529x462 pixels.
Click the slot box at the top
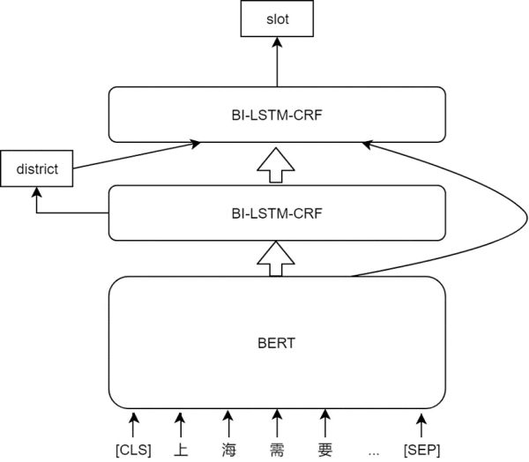[277, 19]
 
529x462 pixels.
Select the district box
[37, 168]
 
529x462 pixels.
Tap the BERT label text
[277, 343]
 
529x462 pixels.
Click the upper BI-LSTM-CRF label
[277, 115]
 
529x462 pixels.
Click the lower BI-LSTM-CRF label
[277, 213]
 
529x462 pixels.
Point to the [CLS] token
[134, 450]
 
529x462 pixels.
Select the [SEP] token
[422, 450]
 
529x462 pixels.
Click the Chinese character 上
[181, 451]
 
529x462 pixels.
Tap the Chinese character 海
[229, 451]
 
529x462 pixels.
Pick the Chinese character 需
[277, 451]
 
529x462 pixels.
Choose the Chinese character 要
[324, 451]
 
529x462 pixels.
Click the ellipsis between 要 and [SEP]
[374, 453]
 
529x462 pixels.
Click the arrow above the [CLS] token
[134, 425]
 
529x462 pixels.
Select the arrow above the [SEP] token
[421, 425]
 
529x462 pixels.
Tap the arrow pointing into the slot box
[278, 62]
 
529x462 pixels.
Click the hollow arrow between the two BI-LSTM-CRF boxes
[276, 165]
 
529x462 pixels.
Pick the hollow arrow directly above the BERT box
[276, 259]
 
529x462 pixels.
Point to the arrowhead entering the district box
[36, 191]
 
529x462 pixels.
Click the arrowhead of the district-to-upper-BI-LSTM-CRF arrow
[195, 144]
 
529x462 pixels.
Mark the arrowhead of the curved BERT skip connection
[367, 145]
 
